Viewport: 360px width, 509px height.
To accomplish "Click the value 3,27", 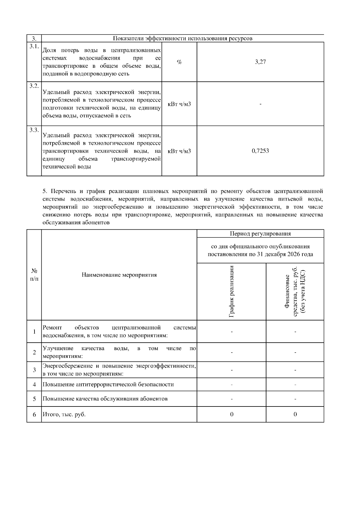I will [x=260, y=62].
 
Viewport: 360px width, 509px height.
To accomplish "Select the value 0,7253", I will [x=260, y=151].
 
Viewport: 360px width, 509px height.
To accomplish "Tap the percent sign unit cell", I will [x=179, y=62].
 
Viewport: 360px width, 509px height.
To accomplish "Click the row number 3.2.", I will [x=34, y=86].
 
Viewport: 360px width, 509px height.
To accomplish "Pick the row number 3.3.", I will [x=34, y=130].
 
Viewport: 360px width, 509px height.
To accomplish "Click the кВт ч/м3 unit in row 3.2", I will [x=179, y=104].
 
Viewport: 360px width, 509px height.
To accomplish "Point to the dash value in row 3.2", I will [x=260, y=104].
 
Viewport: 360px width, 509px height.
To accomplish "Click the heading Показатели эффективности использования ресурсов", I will [x=182, y=38].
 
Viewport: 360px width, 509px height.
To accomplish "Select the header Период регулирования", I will [x=260, y=234].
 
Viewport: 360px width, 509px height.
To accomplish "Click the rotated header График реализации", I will [x=231, y=291].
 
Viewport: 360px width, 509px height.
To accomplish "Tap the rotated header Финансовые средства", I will [x=295, y=291].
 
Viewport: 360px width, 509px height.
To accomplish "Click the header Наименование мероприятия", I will [x=119, y=275].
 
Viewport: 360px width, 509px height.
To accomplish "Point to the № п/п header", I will [x=34, y=275].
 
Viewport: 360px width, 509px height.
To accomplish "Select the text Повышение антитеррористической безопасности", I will [x=108, y=385].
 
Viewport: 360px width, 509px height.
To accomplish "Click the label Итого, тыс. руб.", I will [x=64, y=415].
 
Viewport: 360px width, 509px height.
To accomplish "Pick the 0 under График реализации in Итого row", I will [x=232, y=415].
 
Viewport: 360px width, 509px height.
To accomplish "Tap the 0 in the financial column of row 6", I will [x=295, y=415].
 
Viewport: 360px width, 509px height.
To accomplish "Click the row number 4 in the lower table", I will [x=34, y=385].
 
